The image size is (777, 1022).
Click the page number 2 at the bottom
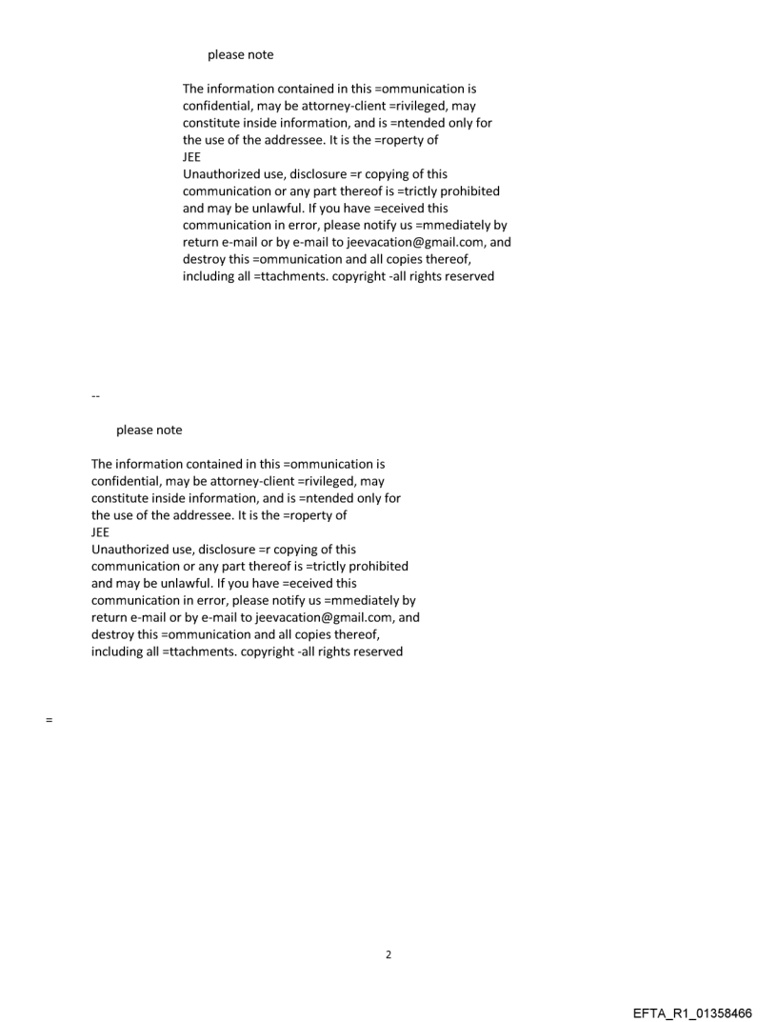(388, 954)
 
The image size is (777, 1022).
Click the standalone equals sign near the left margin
(48, 720)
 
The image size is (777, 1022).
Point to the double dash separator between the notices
(94, 395)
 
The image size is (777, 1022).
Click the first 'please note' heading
(240, 54)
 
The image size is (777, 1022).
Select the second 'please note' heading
(149, 430)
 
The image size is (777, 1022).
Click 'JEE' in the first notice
(191, 157)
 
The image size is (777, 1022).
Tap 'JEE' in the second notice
(100, 532)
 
